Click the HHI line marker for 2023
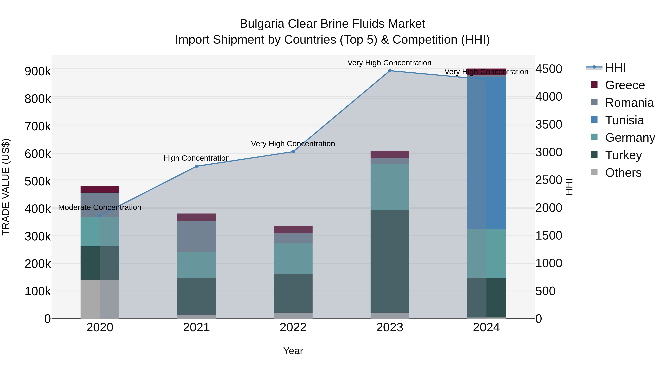click(390, 71)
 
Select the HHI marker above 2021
click(197, 166)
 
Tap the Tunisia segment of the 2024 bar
click(486, 152)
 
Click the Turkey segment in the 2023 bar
click(390, 261)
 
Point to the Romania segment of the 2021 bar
click(197, 236)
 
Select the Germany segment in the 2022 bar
click(293, 258)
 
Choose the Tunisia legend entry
click(624, 120)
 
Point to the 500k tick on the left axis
click(38, 181)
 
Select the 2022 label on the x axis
click(293, 327)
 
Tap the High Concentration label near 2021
click(197, 158)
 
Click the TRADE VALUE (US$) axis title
click(6, 187)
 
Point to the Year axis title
click(293, 351)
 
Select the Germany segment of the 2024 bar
click(486, 253)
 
